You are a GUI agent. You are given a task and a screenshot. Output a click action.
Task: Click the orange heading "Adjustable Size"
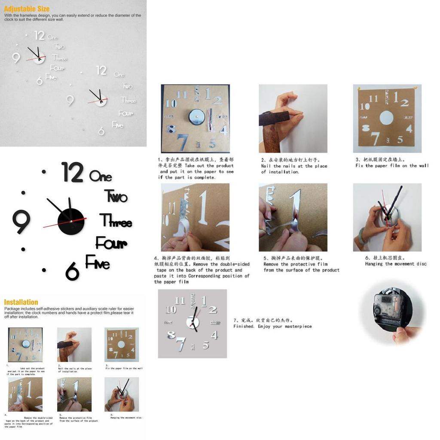tap(27, 9)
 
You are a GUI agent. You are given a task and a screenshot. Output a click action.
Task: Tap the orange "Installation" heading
tap(21, 302)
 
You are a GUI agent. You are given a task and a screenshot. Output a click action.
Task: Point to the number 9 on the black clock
tap(21, 221)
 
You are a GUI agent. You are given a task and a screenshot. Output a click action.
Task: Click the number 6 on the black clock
tap(72, 272)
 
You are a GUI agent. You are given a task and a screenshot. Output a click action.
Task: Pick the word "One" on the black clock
tap(101, 177)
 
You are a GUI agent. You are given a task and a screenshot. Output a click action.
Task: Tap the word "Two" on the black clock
tap(116, 196)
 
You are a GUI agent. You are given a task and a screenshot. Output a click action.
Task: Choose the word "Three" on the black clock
tap(116, 221)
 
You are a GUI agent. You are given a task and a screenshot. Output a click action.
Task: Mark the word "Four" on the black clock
tap(111, 243)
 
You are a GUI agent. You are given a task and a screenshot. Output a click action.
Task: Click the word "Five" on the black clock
tap(98, 262)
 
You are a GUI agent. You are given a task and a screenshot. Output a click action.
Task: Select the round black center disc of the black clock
tap(71, 222)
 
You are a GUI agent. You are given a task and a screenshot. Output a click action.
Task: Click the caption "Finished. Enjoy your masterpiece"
tap(272, 327)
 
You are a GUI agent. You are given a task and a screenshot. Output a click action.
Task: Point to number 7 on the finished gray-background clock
tap(180, 344)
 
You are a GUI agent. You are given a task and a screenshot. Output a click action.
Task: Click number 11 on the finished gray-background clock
tap(180, 300)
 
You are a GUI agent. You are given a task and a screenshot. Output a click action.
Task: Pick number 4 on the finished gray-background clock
tap(214, 335)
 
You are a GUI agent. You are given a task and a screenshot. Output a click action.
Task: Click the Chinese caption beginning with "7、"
tap(263, 320)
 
